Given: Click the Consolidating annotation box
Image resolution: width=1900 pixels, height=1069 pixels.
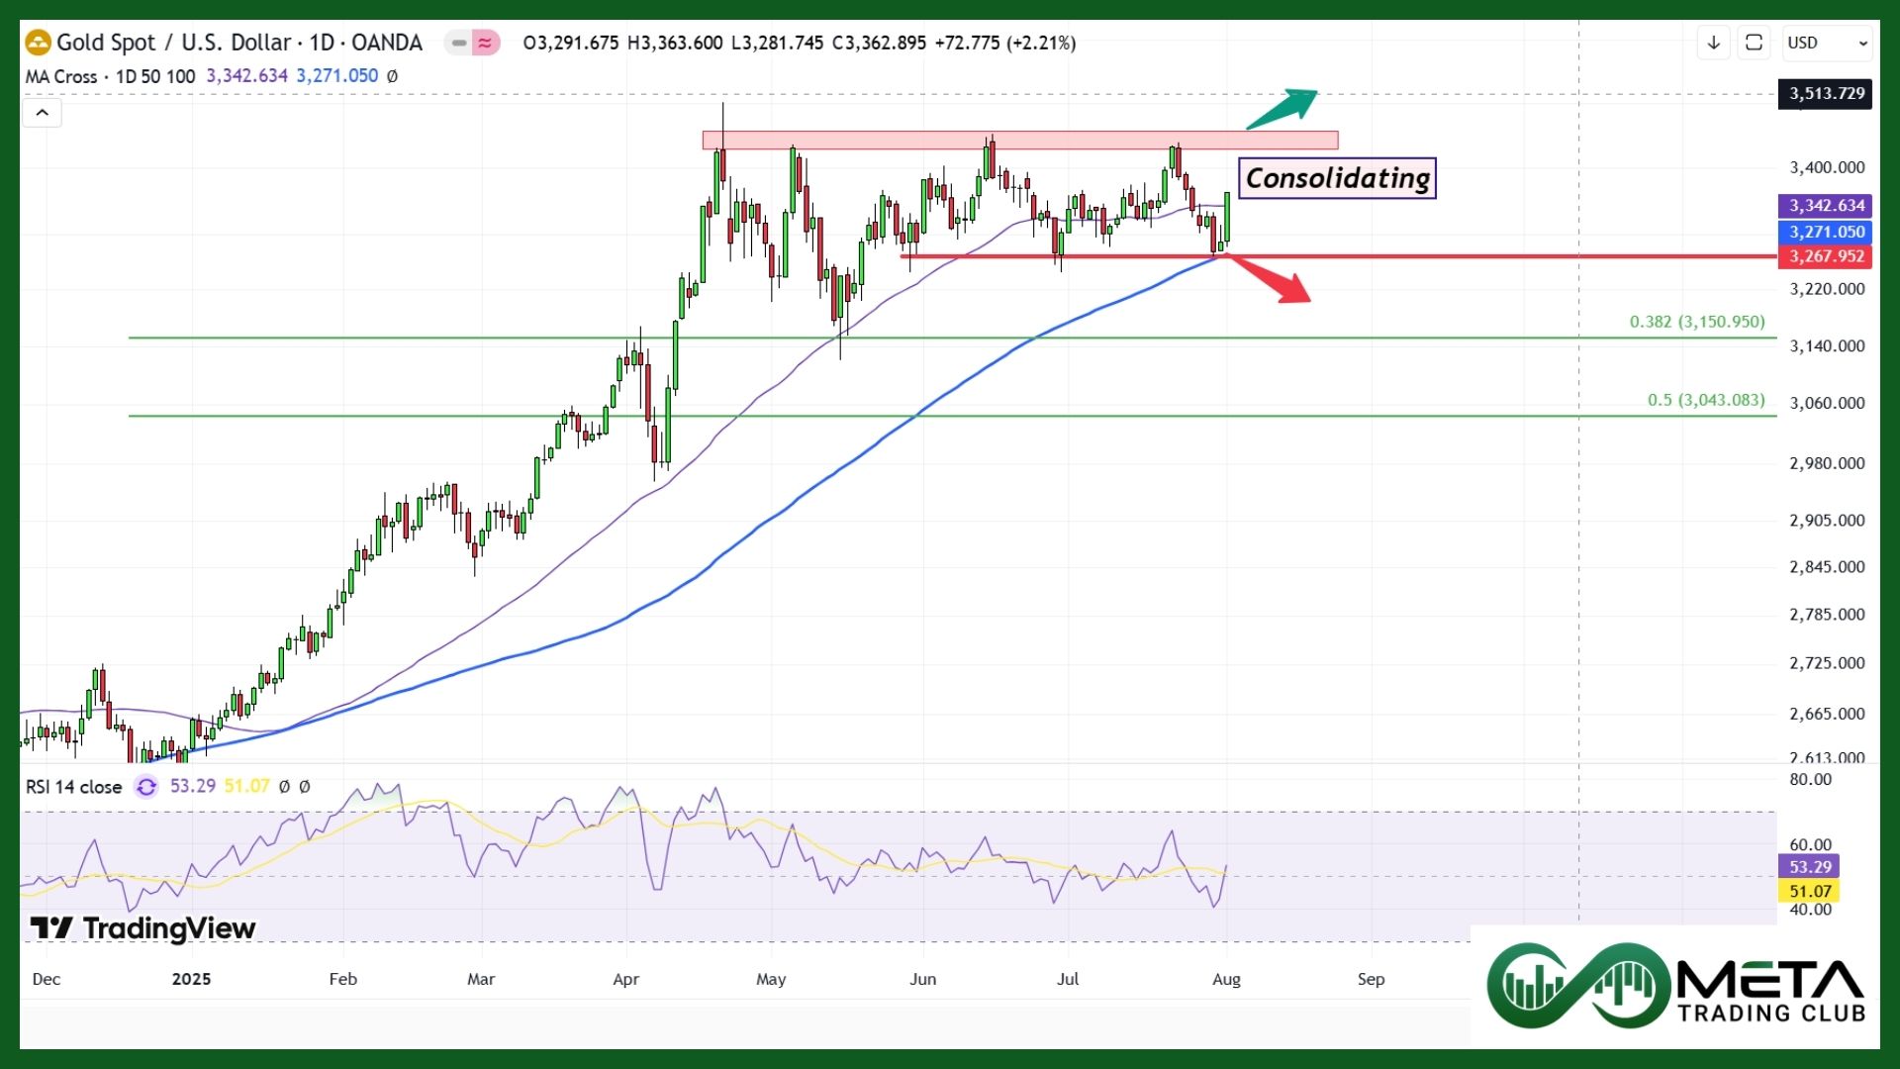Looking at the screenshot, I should click(x=1337, y=178).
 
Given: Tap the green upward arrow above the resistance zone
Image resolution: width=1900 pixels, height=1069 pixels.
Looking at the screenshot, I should click(x=1282, y=108).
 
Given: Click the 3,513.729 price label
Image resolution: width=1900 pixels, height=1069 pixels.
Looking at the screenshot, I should click(x=1826, y=94).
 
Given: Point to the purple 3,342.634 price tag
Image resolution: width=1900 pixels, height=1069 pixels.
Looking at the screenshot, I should click(x=1826, y=206).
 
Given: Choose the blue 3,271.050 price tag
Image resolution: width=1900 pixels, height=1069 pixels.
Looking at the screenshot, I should click(x=1826, y=232).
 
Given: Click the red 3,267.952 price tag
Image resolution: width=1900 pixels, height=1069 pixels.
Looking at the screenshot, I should click(x=1826, y=256).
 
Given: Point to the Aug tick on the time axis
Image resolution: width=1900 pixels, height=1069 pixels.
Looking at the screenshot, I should click(x=1226, y=979).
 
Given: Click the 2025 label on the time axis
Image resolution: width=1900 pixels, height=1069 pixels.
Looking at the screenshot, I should click(x=191, y=979).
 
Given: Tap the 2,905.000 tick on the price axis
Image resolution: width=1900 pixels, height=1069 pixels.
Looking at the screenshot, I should click(x=1827, y=521).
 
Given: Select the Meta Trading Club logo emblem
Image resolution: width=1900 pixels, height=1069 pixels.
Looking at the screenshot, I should click(x=1578, y=986).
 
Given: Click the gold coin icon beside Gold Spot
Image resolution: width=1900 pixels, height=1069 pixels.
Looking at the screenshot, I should click(x=38, y=43).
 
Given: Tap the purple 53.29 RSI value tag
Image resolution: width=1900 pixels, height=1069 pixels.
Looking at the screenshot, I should click(x=1810, y=867).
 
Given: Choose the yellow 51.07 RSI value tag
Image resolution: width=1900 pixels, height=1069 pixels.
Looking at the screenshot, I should click(x=1810, y=892).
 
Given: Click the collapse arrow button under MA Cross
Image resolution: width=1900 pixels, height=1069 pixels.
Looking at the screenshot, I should click(x=42, y=113).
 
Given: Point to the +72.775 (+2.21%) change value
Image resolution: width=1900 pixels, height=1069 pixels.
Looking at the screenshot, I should click(x=1004, y=43).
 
